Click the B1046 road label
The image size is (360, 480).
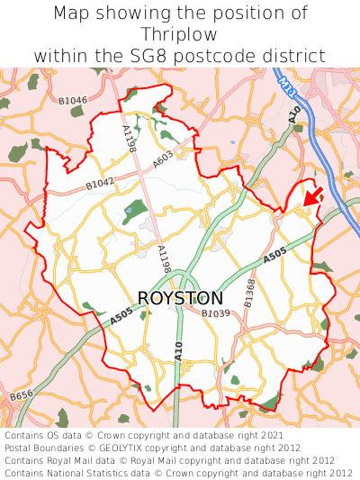point(72,100)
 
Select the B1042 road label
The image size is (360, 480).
point(100,184)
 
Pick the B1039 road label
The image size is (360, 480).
point(216,313)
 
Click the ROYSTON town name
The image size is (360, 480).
point(181,297)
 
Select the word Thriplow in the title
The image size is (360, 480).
point(180,34)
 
